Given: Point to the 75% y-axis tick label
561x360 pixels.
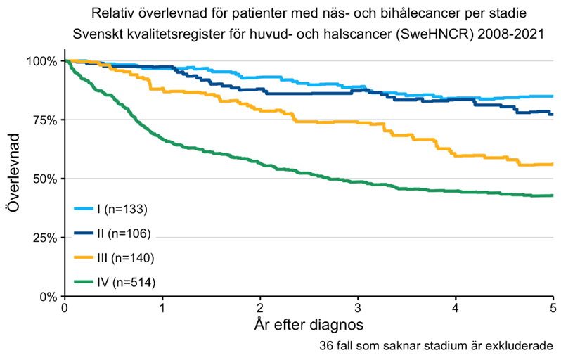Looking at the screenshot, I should click(44, 120).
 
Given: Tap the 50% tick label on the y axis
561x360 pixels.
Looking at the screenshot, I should click(44, 179).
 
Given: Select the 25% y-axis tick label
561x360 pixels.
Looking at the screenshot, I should click(44, 238).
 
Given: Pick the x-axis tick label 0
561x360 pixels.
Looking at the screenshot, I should click(65, 308).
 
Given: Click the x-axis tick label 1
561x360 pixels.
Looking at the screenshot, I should click(162, 308).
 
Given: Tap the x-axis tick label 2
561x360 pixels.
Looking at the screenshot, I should click(260, 308).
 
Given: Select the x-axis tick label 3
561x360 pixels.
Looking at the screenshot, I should click(358, 308).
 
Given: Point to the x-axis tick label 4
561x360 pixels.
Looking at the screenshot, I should click(456, 308).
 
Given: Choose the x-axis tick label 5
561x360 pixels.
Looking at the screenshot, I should click(553, 308).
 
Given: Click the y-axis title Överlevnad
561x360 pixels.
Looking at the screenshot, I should click(15, 179).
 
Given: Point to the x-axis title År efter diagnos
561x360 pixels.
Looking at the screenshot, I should click(309, 326).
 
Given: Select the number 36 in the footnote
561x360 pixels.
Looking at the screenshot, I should click(324, 347).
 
